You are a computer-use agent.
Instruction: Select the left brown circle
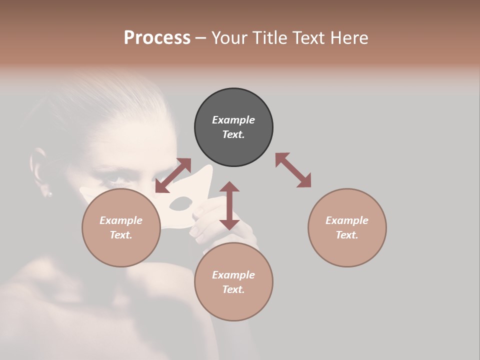121,227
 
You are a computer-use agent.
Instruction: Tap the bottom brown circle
233,281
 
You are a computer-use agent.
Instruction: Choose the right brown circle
347,227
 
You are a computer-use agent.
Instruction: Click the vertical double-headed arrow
229,205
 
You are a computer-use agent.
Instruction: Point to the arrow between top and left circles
173,175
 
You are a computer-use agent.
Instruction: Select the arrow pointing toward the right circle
293,170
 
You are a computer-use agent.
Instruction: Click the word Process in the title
157,37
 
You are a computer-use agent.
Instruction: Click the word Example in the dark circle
233,120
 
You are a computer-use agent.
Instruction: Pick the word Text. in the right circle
347,235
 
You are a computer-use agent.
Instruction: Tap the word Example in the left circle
121,220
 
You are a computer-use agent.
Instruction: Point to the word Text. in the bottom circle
233,289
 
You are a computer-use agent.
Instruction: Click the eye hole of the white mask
181,203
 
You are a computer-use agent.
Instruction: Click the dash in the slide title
201,38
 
